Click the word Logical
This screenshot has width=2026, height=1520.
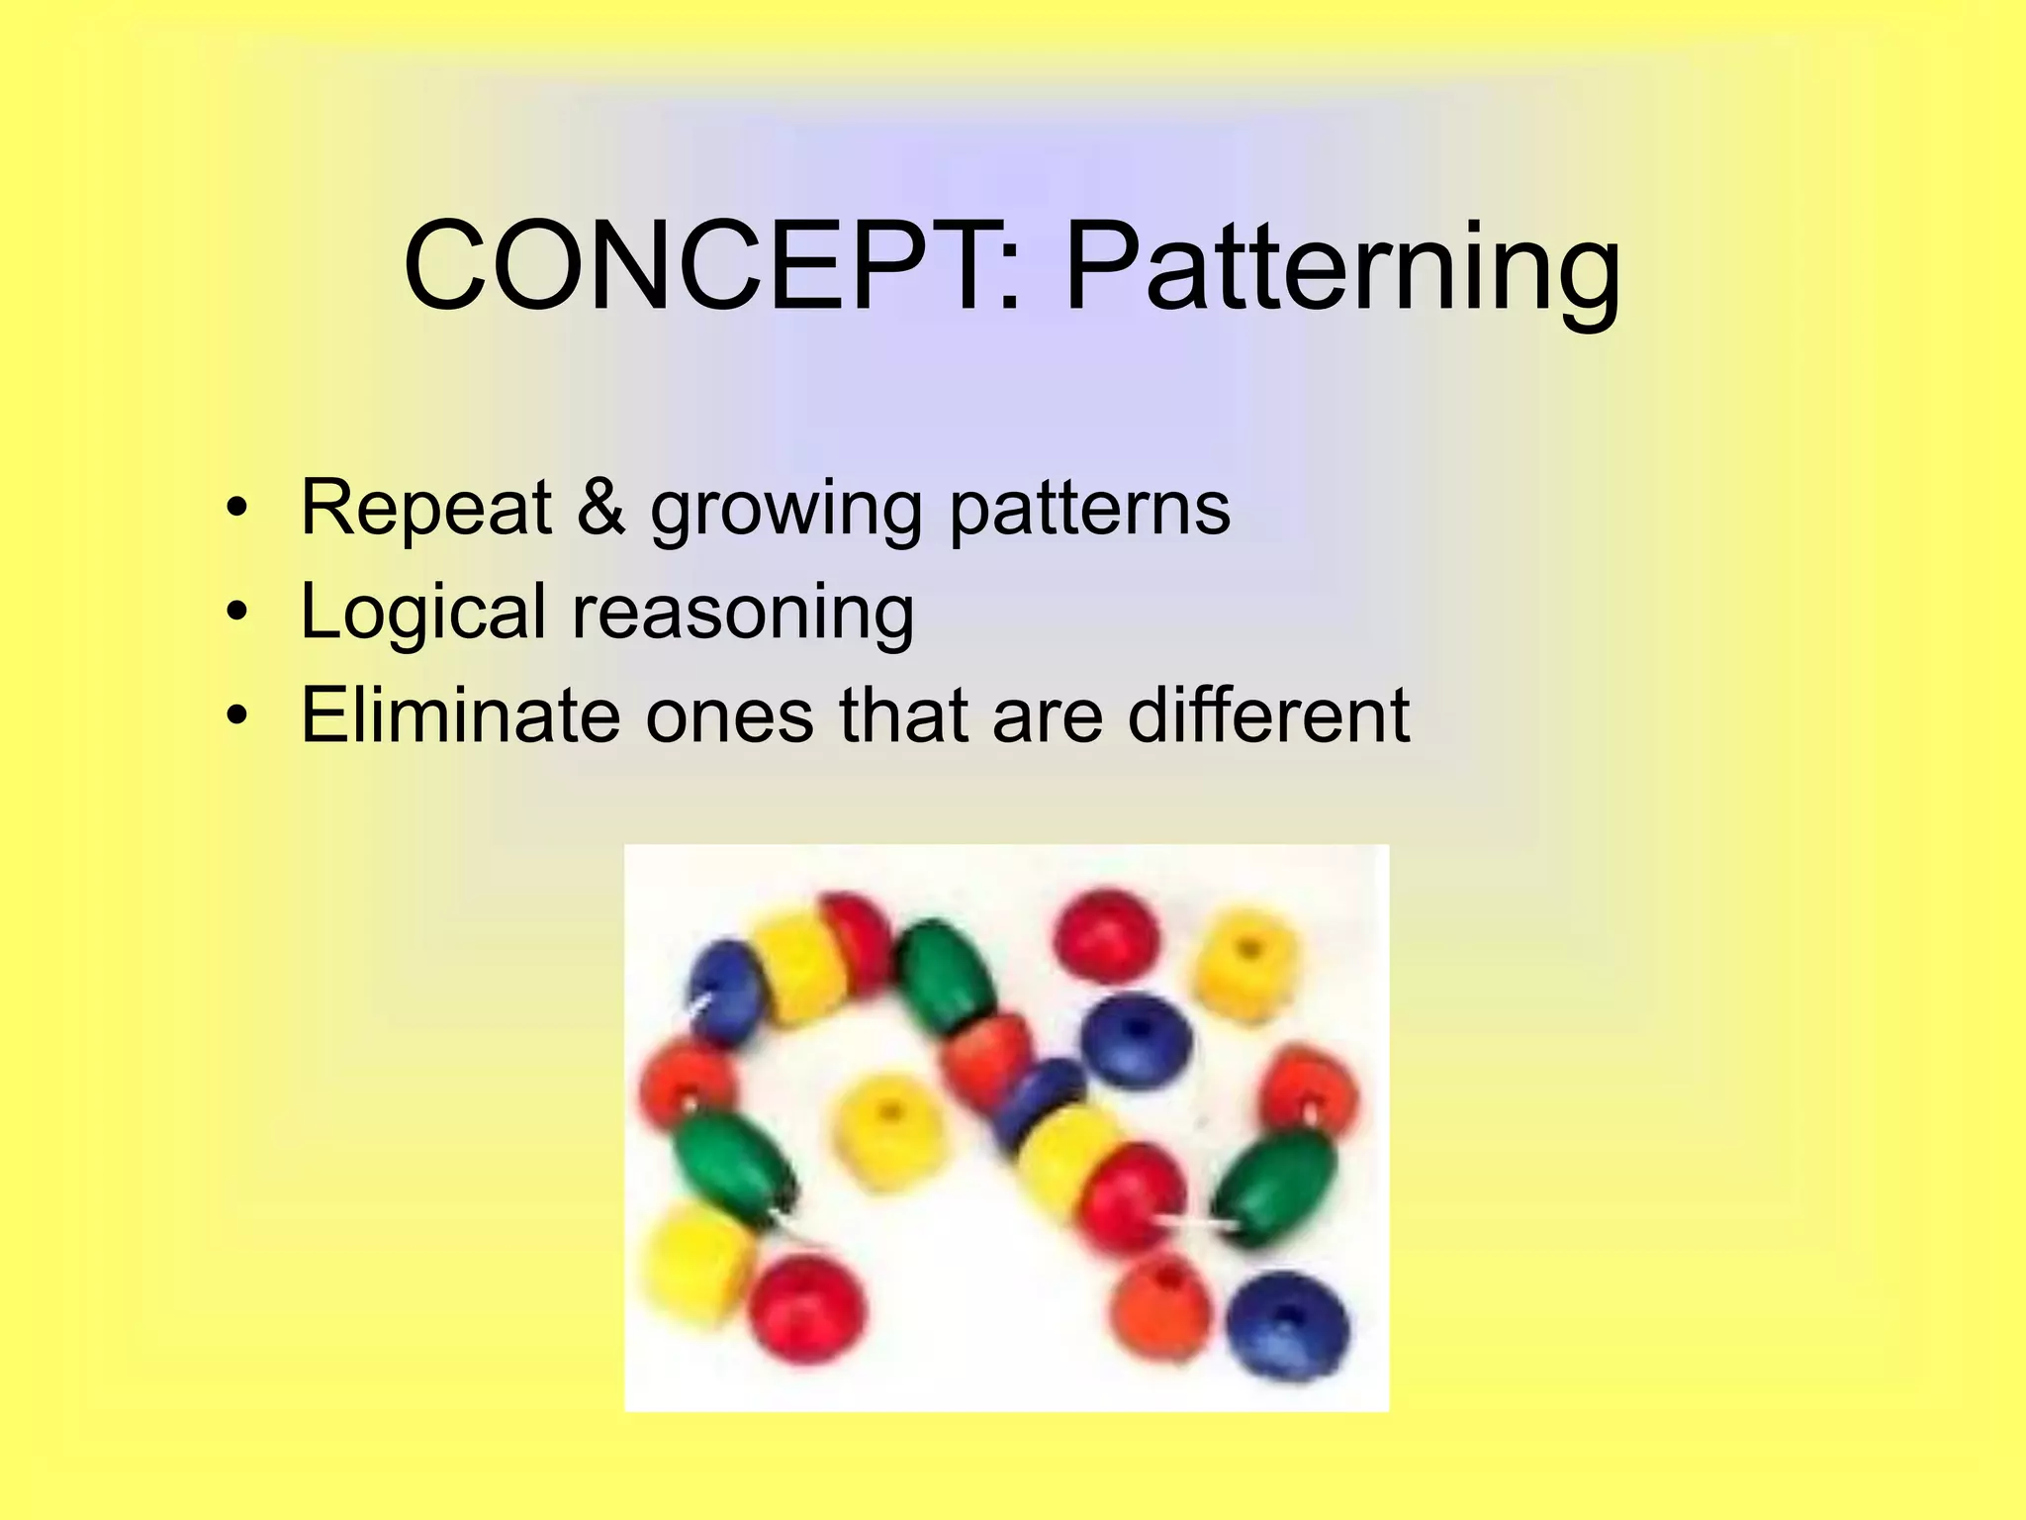coord(422,613)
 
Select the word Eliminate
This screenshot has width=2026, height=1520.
coord(460,714)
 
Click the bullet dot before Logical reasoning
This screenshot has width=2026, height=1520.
coord(235,614)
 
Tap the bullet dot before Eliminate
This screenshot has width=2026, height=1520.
coord(235,716)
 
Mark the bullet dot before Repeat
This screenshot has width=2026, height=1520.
coord(235,509)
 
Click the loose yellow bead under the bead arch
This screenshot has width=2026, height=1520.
coord(884,1131)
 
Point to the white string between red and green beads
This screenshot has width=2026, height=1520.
coord(1198,1224)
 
